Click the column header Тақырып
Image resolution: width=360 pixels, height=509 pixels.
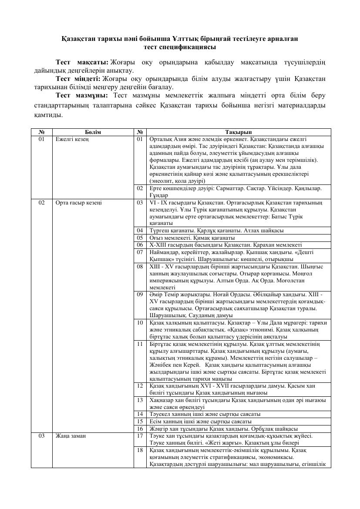pyautogui.click(x=239, y=132)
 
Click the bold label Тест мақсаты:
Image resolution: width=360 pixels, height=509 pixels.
pyautogui.click(x=82, y=62)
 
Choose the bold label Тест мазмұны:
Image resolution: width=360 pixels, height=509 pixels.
pyautogui.click(x=82, y=95)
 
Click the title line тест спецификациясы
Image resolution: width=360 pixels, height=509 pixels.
pyautogui.click(x=180, y=47)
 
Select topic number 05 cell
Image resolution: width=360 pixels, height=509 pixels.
pyautogui.click(x=140, y=238)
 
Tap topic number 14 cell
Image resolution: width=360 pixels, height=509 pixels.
pyautogui.click(x=140, y=414)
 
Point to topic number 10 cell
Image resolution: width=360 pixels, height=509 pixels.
pyautogui.click(x=140, y=322)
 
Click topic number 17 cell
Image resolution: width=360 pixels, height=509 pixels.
pyautogui.click(x=140, y=435)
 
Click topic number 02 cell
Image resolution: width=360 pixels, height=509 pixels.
pyautogui.click(x=140, y=188)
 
